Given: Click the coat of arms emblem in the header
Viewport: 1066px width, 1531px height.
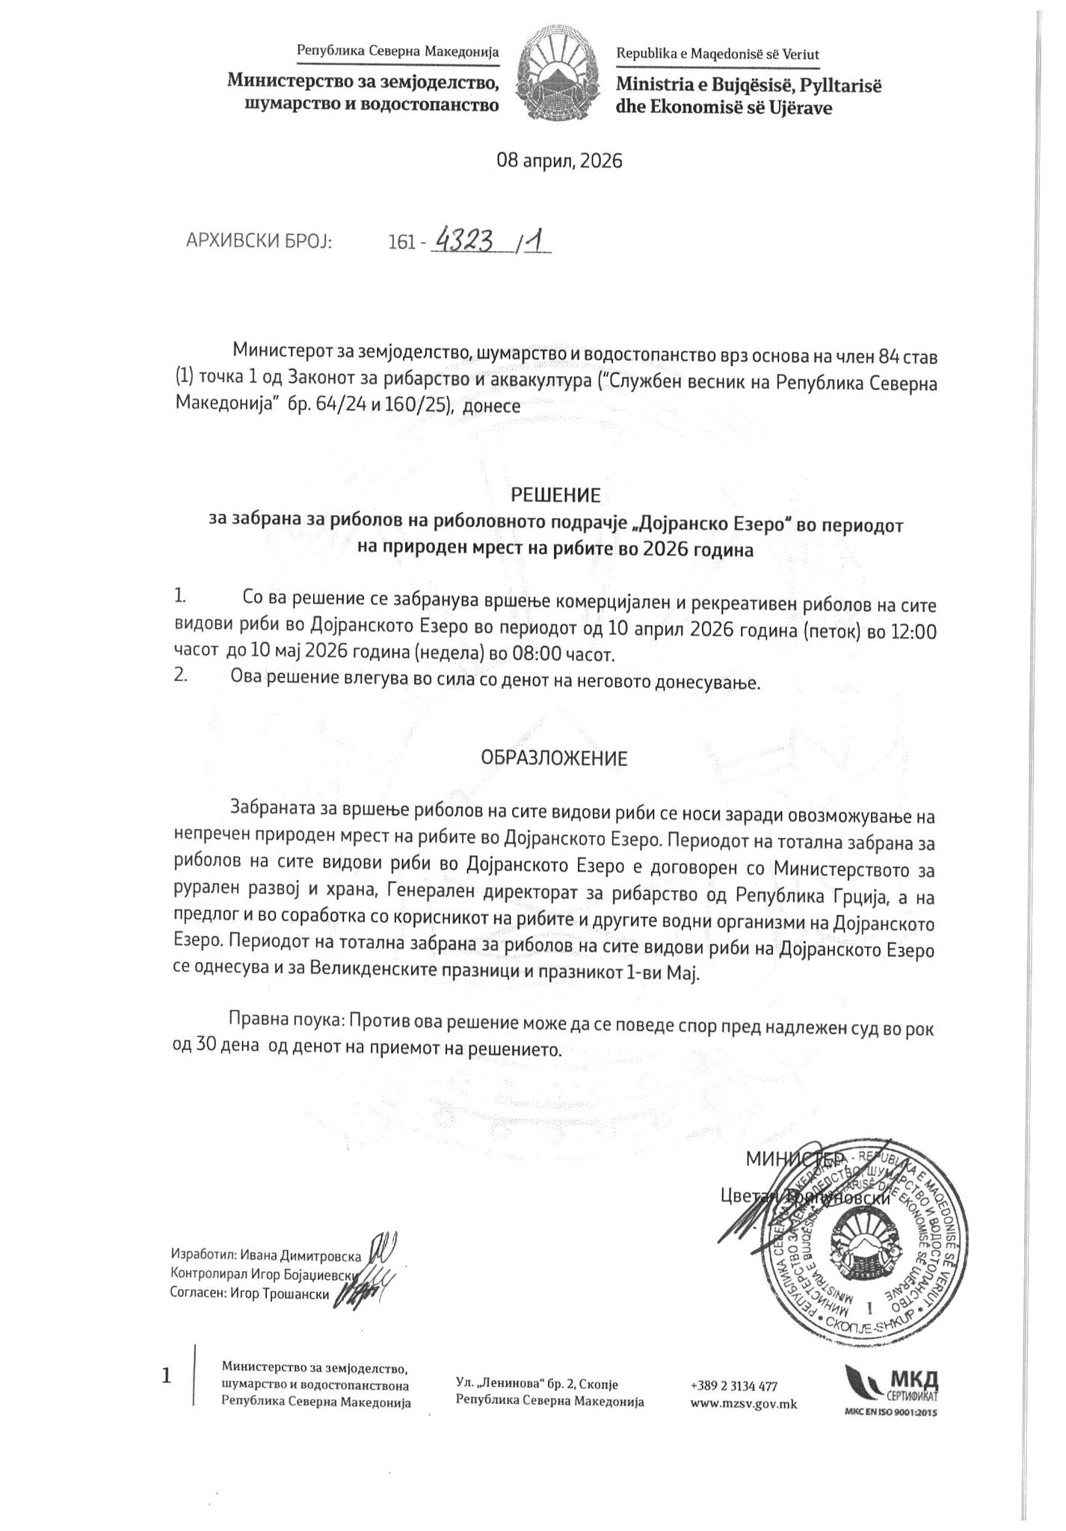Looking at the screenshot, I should (x=557, y=76).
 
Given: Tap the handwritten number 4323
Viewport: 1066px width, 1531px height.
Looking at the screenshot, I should (x=465, y=241).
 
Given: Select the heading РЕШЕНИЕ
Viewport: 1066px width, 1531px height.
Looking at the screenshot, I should (x=555, y=496).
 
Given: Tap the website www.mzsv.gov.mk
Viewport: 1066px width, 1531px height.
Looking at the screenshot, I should (x=744, y=1404).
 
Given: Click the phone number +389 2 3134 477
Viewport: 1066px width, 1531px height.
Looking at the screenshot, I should (x=734, y=1385).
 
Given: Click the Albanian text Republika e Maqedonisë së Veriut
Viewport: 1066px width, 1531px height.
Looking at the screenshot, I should (x=717, y=54).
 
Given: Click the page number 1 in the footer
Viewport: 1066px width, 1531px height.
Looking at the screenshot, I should (x=167, y=1376).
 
